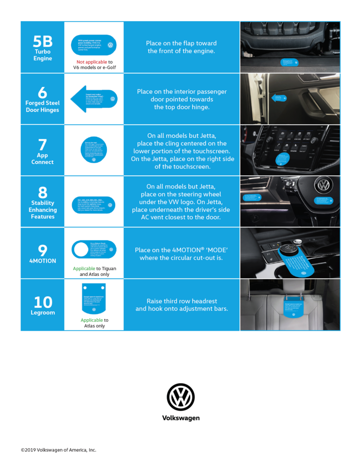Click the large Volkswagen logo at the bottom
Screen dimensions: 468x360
180,397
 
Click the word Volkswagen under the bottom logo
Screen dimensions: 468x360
180,418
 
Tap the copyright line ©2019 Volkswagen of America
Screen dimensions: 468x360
58,450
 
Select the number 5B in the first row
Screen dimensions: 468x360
42,40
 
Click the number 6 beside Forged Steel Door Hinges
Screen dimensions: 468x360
42,92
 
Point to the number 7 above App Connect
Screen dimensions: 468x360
42,144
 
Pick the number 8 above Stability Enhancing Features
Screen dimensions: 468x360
42,192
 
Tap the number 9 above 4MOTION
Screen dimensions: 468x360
42,250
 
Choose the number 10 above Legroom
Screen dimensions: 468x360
42,302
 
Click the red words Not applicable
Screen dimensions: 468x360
92,62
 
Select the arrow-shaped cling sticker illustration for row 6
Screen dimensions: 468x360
94,99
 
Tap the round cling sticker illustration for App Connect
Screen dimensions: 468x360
94,150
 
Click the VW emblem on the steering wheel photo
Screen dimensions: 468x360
324,185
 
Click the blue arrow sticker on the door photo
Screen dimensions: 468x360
279,98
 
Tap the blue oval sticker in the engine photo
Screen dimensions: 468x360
289,62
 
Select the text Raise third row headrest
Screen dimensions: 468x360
181,301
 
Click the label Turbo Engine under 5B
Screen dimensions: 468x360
42,55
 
